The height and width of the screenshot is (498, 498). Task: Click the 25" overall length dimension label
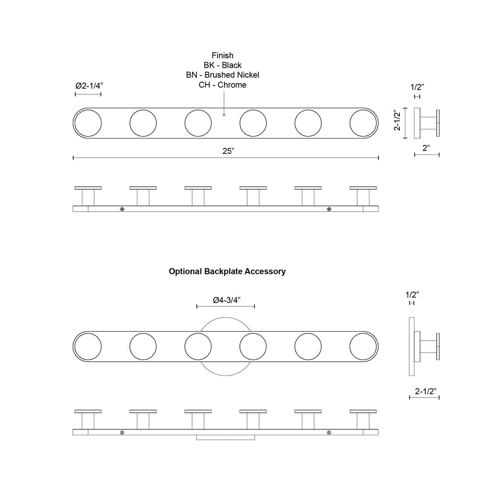[x=228, y=151]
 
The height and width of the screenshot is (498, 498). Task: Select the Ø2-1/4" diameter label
[x=88, y=86]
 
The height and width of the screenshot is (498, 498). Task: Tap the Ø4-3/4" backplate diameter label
[x=227, y=300]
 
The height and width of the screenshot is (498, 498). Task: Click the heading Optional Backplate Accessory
[x=227, y=271]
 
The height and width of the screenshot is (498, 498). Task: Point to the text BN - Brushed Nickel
[x=223, y=75]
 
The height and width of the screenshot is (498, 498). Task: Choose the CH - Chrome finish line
[x=223, y=85]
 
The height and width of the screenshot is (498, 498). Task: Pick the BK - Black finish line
[x=223, y=65]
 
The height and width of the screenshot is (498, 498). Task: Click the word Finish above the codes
[x=223, y=55]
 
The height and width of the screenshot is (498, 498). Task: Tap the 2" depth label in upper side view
[x=427, y=148]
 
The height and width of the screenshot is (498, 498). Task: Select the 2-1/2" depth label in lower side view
[x=426, y=391]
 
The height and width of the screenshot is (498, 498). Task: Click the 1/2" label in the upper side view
[x=417, y=87]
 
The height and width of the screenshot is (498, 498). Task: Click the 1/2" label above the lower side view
[x=412, y=294]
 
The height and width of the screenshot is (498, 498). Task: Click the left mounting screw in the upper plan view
[x=123, y=209]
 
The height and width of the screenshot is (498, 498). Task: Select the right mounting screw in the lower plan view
[x=329, y=432]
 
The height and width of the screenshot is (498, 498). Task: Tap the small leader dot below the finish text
[x=224, y=115]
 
